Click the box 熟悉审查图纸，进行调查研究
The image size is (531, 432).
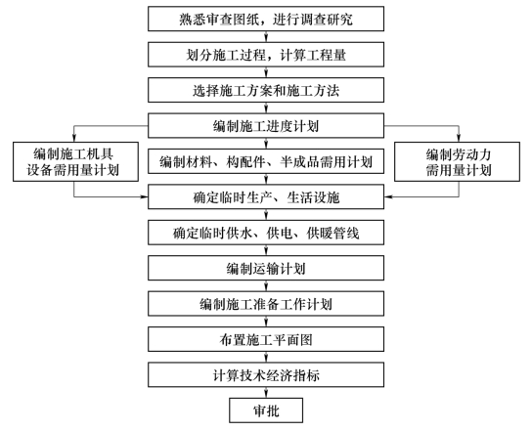click(266, 19)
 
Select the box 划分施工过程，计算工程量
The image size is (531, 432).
click(266, 55)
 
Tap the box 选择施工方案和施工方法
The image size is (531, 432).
click(266, 90)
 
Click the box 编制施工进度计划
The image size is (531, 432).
click(266, 126)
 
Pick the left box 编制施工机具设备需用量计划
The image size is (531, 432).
click(75, 162)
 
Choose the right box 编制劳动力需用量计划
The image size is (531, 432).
click(458, 162)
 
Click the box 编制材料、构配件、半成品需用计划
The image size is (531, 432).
click(266, 161)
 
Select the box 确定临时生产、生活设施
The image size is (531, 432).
click(266, 197)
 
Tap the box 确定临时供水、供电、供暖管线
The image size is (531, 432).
click(266, 233)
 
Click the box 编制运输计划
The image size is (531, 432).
click(266, 268)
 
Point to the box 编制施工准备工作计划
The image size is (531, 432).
click(266, 304)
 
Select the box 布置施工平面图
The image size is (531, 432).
click(266, 339)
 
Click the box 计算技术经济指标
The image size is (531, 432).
click(266, 374)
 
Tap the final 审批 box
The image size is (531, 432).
click(266, 410)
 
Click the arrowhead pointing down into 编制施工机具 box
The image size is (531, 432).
click(74, 138)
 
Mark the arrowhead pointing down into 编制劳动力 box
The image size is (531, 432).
click(459, 138)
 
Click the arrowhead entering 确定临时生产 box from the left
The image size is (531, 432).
click(145, 196)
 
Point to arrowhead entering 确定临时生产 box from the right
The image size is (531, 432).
click(388, 196)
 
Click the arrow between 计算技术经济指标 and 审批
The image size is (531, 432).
click(266, 393)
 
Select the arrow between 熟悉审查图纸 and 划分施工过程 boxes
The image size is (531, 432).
click(266, 36)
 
